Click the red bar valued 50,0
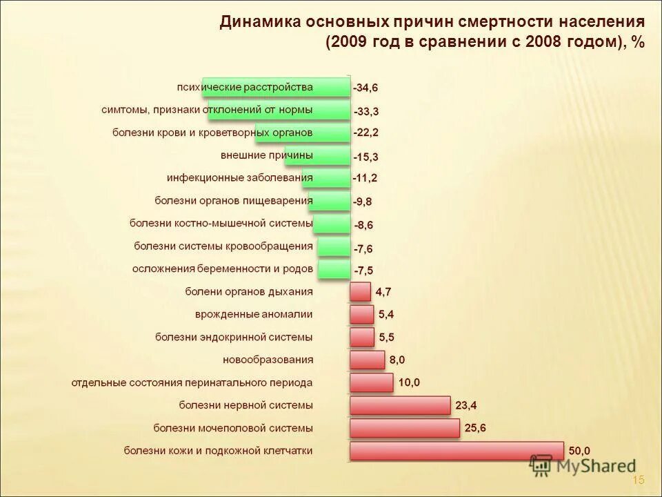457,451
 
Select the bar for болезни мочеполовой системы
404,428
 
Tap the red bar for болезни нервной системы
400,405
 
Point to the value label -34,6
365,88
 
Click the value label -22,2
365,133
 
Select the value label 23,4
465,405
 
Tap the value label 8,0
397,360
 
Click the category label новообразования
268,360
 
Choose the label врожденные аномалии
254,314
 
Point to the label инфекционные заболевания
239,177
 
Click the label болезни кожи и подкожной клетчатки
218,451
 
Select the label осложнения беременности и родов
222,269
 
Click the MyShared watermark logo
583,466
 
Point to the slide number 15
638,480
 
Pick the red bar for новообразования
367,360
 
